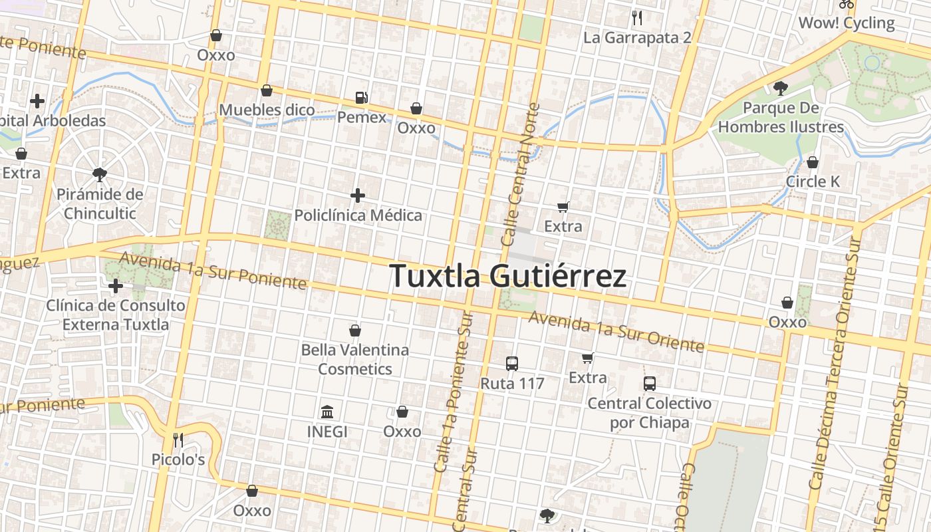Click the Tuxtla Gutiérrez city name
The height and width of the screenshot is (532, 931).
click(x=507, y=276)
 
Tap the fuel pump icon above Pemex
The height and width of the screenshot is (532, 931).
click(x=361, y=98)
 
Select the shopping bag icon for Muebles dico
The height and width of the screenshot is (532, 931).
click(x=267, y=90)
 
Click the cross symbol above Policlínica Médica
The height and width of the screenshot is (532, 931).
click(x=358, y=196)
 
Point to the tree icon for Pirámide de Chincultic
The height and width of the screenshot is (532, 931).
click(x=100, y=175)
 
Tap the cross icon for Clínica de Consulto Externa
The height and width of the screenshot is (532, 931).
click(x=116, y=287)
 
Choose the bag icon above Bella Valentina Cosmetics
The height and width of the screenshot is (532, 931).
click(x=355, y=331)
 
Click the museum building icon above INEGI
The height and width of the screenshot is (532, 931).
click(x=327, y=412)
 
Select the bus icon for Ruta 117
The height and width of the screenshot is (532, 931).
click(x=512, y=364)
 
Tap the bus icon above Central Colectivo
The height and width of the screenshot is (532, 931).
click(x=650, y=384)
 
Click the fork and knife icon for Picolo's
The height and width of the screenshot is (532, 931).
click(x=178, y=440)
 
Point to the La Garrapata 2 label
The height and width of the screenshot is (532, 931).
click(x=637, y=37)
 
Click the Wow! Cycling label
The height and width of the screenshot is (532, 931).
click(x=846, y=23)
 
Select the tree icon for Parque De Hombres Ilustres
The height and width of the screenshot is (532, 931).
click(x=781, y=88)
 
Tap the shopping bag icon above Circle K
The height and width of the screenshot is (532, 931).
click(x=813, y=162)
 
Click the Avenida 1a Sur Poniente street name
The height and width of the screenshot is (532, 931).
click(x=213, y=271)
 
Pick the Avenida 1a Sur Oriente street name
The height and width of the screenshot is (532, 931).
click(x=616, y=332)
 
